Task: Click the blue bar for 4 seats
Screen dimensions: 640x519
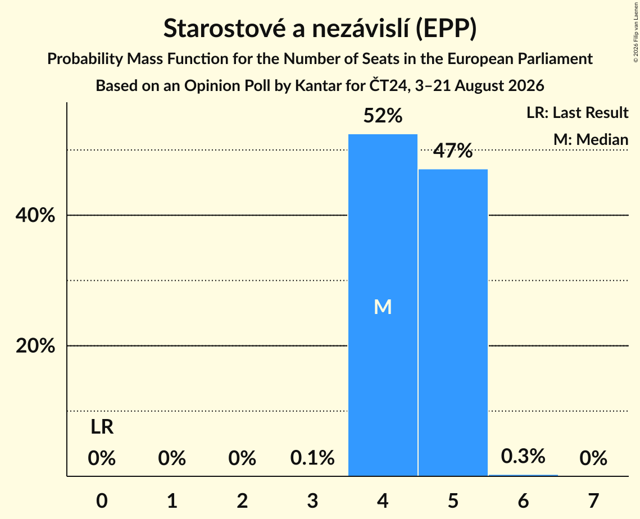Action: tap(383, 305)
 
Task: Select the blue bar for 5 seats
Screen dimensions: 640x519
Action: tap(453, 322)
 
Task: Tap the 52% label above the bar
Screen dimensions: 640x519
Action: tap(383, 116)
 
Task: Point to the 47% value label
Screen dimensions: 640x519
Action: tap(453, 151)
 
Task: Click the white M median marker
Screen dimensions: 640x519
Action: tap(383, 307)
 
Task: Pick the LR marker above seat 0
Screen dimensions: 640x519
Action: tap(102, 427)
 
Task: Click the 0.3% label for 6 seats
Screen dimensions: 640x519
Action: tap(523, 456)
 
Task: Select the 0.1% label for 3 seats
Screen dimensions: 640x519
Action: tap(312, 458)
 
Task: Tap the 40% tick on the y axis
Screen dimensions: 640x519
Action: tap(35, 215)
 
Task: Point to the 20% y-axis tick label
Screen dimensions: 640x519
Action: tap(35, 345)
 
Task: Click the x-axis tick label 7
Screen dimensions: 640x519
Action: tap(593, 500)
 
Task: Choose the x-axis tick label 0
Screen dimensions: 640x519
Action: tap(102, 500)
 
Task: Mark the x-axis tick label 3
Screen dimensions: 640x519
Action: tap(312, 500)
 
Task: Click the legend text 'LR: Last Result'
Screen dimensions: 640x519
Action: tap(578, 112)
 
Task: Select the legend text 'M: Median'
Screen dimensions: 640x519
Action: tap(591, 139)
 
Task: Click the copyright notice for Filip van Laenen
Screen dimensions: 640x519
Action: tap(636, 33)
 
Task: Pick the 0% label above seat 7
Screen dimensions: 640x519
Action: tap(593, 458)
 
